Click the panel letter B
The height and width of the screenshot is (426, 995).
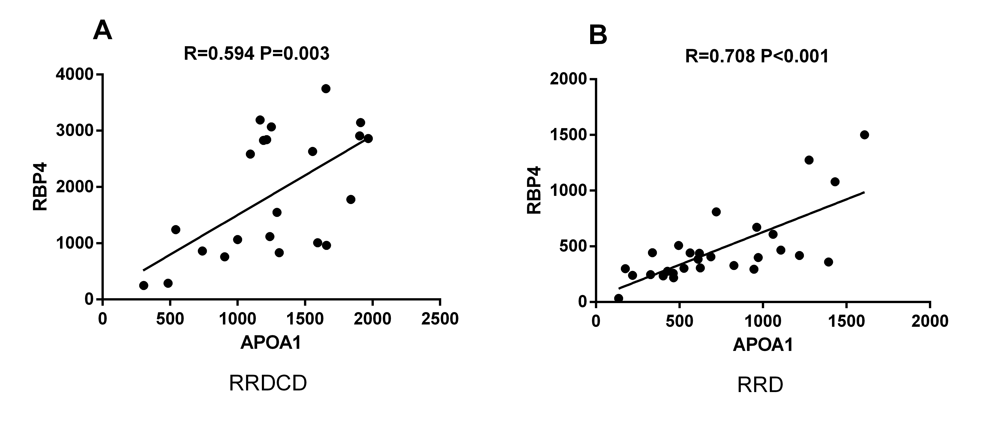(598, 36)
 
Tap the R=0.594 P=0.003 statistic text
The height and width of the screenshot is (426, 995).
(257, 54)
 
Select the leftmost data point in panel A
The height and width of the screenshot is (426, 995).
(144, 285)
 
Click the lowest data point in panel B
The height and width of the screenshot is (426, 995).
(618, 298)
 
